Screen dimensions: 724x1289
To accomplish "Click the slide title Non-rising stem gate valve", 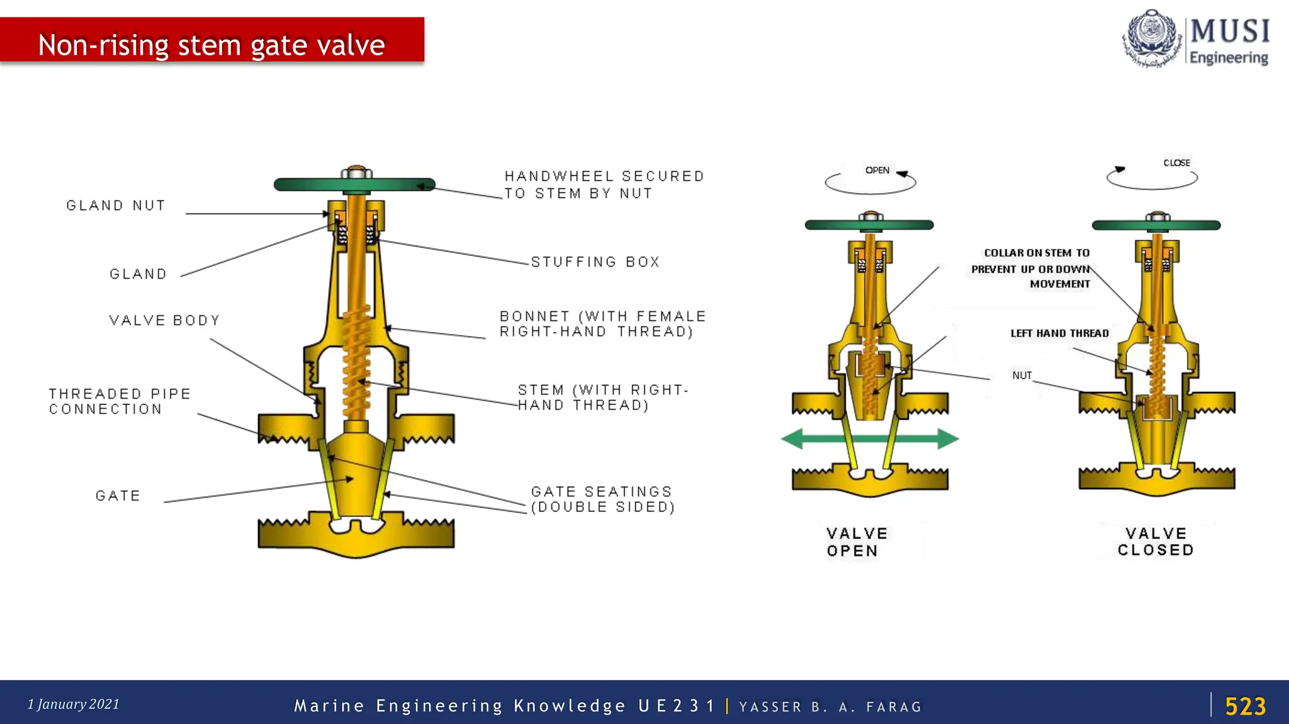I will [211, 45].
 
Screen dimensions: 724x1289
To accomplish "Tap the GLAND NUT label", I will [116, 206].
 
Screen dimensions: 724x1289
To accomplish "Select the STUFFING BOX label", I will [595, 262].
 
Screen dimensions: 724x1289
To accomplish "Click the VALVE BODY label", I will [164, 320].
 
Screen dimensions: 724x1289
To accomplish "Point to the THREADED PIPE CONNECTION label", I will [120, 401].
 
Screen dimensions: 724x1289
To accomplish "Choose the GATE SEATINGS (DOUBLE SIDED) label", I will [602, 499].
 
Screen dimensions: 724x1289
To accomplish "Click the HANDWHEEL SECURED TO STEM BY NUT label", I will [604, 185].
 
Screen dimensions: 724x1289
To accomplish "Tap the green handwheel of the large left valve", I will [302, 185].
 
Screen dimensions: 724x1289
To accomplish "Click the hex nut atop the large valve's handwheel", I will [356, 173].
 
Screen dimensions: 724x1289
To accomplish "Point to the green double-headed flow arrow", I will [870, 439].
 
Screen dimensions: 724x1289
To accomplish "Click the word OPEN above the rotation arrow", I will [877, 170].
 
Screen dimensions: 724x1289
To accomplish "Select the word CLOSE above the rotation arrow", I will [1176, 163].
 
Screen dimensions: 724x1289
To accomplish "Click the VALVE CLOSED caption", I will [1156, 542].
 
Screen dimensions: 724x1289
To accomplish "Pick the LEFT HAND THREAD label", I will [1059, 333].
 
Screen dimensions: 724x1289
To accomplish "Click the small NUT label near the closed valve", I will [1022, 376].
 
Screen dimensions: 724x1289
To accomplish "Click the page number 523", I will [1245, 706].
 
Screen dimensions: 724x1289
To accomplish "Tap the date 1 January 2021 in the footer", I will [73, 705].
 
